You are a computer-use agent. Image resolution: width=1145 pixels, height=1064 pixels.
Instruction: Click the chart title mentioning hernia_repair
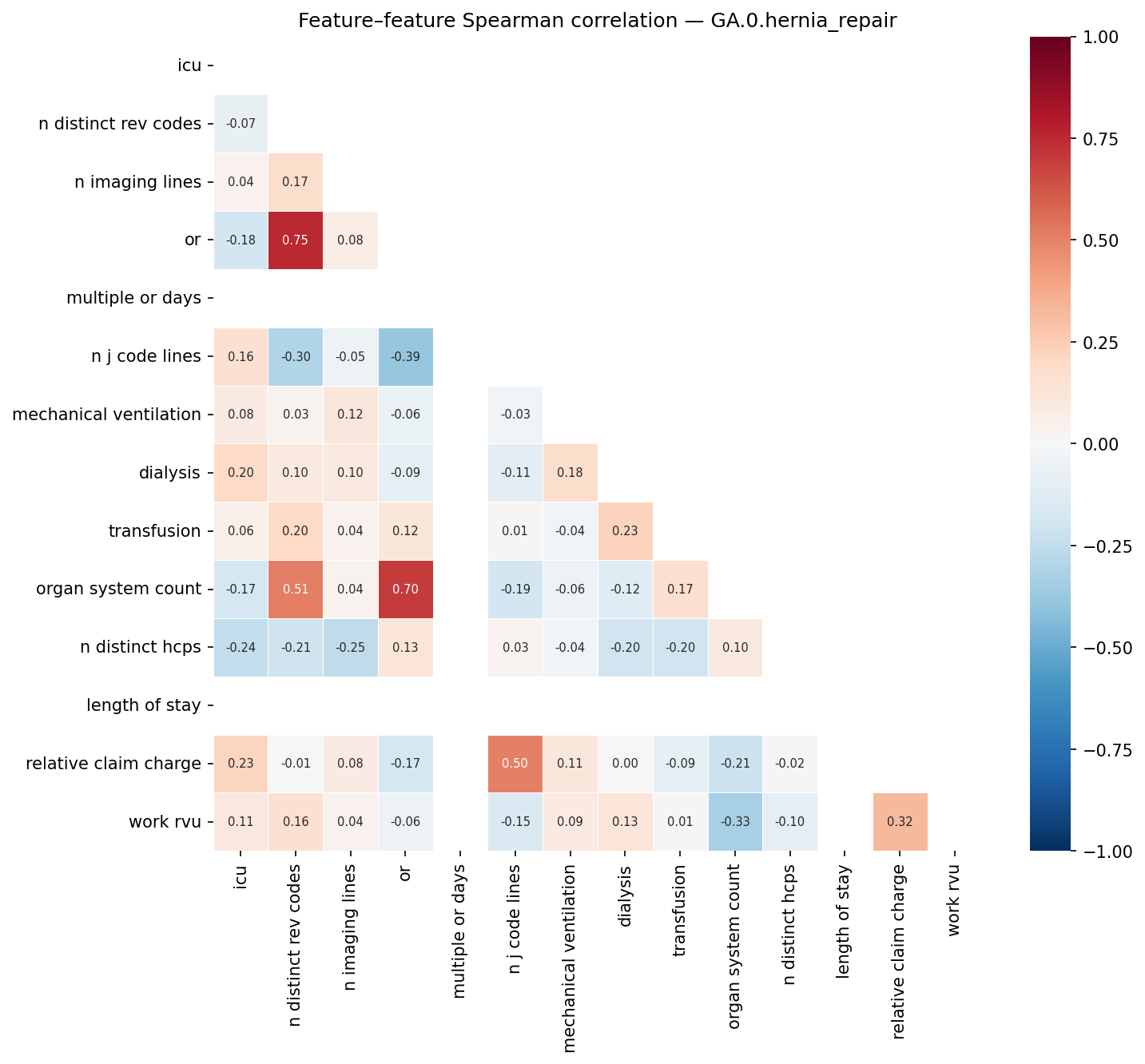pyautogui.click(x=597, y=22)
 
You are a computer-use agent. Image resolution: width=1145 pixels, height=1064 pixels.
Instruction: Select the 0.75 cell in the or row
pyautogui.click(x=296, y=240)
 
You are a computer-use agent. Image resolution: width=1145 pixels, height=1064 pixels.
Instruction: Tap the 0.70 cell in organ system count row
pyautogui.click(x=405, y=590)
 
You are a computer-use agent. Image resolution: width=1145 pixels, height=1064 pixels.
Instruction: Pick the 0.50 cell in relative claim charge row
pyautogui.click(x=515, y=764)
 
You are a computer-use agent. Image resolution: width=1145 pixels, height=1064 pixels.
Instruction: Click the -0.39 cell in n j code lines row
pyautogui.click(x=405, y=357)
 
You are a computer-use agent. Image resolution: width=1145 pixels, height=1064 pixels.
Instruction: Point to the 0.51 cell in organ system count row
pyautogui.click(x=296, y=590)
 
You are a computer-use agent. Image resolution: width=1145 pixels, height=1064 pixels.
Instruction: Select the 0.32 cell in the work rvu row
pyautogui.click(x=900, y=822)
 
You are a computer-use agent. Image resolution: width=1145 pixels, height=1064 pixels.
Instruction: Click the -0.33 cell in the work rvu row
pyautogui.click(x=735, y=822)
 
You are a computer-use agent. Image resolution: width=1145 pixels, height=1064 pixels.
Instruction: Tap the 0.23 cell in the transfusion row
pyautogui.click(x=625, y=531)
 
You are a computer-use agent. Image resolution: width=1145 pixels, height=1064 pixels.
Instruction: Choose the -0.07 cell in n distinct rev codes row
pyautogui.click(x=241, y=124)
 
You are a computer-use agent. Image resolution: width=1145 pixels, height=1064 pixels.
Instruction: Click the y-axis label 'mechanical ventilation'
pyautogui.click(x=106, y=415)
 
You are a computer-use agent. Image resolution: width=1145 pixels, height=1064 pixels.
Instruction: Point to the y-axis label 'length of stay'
pyautogui.click(x=143, y=705)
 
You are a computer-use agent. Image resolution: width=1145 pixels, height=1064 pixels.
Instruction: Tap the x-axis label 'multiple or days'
pyautogui.click(x=459, y=931)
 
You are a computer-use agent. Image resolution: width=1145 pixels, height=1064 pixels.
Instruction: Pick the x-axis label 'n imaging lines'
pyautogui.click(x=350, y=927)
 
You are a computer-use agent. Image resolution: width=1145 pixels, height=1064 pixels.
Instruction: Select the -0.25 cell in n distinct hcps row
pyautogui.click(x=350, y=648)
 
